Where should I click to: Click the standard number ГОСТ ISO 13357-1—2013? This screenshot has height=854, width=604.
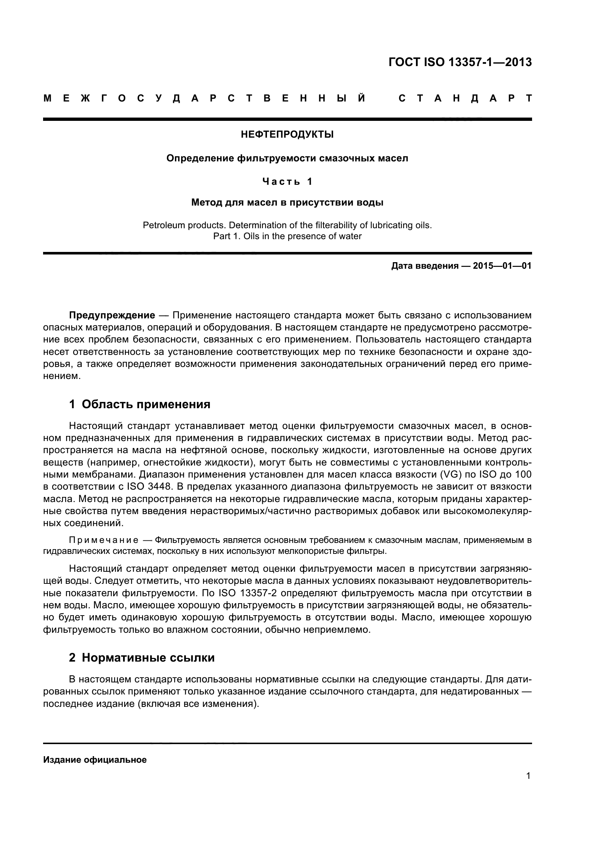click(x=460, y=62)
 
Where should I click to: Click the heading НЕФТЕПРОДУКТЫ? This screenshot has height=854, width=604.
click(x=287, y=135)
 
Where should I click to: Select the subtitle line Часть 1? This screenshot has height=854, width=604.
click(x=287, y=181)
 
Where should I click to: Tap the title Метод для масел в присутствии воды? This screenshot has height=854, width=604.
click(x=287, y=203)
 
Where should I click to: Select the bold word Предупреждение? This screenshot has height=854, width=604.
click(x=112, y=315)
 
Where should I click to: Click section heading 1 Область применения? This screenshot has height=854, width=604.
click(x=139, y=404)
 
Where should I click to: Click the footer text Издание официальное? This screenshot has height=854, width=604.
click(x=95, y=760)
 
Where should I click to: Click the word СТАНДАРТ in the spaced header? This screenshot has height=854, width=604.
click(x=465, y=99)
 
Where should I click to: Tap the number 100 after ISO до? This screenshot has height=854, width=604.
click(x=523, y=475)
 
